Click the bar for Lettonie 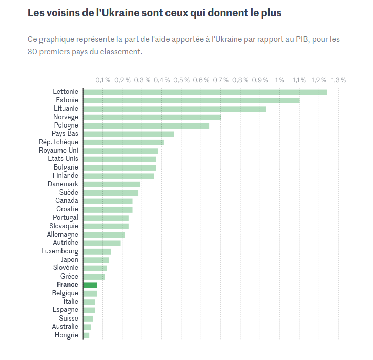point(205,92)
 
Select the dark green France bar point(90,285)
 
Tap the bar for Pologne point(146,125)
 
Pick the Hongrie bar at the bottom point(86,335)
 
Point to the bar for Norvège point(152,117)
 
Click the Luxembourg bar point(97,251)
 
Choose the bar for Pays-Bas point(128,134)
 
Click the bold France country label point(68,285)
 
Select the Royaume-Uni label point(58,151)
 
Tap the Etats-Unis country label point(59,159)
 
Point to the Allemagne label point(63,235)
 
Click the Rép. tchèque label point(58,142)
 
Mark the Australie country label point(65,327)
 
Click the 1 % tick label point(280,80)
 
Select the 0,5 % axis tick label point(181,80)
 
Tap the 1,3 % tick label point(338,80)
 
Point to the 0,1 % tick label point(102,80)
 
